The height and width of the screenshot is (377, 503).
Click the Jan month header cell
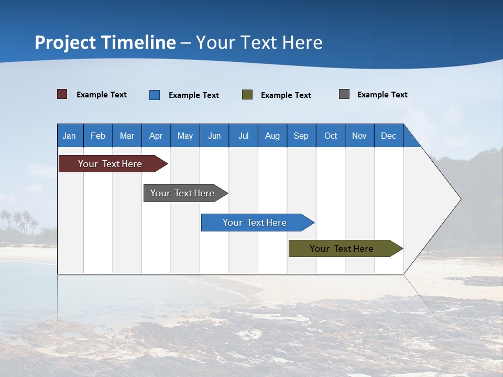pos(70,136)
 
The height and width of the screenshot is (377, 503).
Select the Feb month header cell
pos(98,136)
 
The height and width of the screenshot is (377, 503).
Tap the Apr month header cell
pos(156,136)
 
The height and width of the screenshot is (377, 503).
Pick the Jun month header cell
pos(214,136)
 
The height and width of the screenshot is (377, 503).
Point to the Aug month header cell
pos(272,136)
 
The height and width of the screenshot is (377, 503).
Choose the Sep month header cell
pos(301,136)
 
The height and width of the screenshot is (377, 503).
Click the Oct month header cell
pos(331,136)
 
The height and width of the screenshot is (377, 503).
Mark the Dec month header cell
pos(389,136)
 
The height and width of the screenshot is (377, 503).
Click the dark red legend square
pos(62,94)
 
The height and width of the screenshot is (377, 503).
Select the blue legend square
pos(155,95)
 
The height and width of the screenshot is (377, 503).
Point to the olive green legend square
pos(247,95)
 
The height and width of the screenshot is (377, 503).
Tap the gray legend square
pos(344,94)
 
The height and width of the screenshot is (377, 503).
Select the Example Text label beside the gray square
pos(382,95)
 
